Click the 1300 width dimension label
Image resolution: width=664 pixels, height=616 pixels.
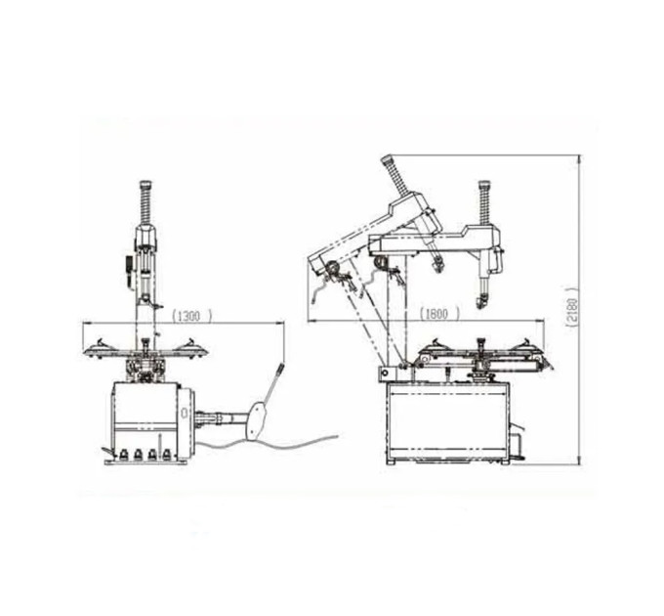coord(191,316)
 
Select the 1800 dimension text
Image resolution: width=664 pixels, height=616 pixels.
coord(439,314)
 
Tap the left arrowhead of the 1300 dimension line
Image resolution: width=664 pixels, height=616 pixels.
coord(85,324)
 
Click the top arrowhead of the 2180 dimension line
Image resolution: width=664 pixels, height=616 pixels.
coord(580,158)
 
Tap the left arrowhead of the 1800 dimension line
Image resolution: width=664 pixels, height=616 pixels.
coord(311,321)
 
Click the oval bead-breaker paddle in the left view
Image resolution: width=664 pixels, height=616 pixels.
coord(256,421)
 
